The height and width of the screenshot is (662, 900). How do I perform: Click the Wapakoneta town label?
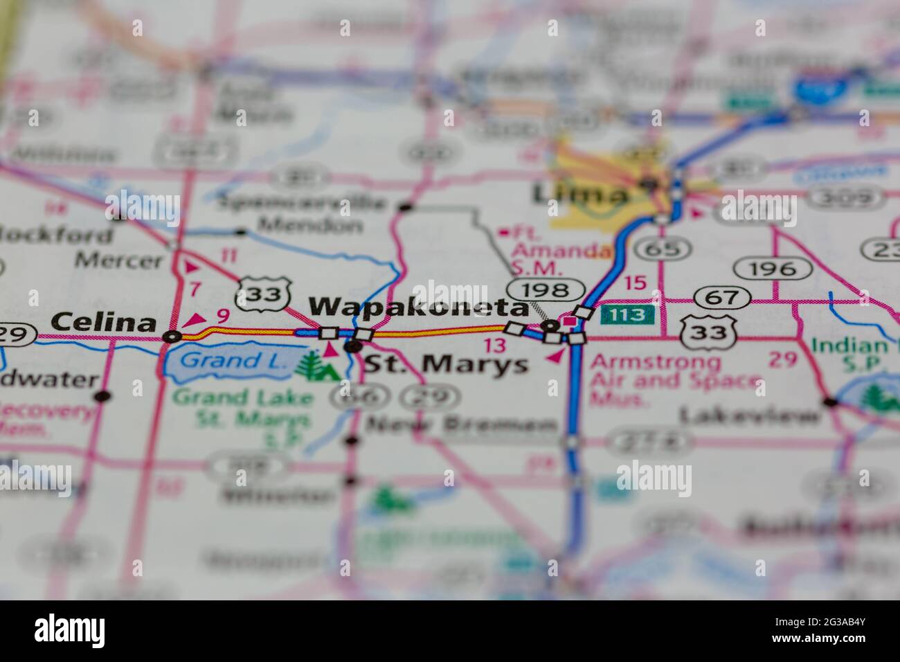click(x=419, y=307)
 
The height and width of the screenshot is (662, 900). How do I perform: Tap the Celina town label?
click(x=104, y=322)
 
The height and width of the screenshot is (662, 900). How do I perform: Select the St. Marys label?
click(x=446, y=364)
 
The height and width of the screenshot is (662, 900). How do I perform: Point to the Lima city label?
click(x=581, y=194)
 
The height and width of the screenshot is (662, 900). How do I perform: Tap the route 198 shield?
click(x=548, y=289)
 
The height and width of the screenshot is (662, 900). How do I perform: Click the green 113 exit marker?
click(x=627, y=315)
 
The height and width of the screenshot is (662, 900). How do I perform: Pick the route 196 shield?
click(x=774, y=268)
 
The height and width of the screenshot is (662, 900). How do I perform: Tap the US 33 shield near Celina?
click(x=264, y=295)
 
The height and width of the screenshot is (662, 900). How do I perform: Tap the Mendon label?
click(x=310, y=226)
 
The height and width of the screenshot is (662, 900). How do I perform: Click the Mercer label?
click(x=119, y=261)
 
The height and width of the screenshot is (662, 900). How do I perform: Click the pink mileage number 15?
click(x=634, y=283)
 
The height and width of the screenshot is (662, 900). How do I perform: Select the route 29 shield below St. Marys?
click(x=431, y=397)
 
